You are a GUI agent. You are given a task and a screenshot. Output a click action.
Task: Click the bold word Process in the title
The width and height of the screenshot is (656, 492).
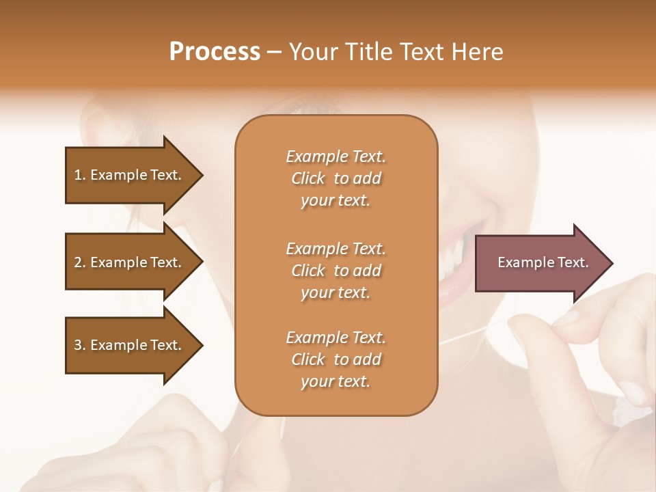click(215, 52)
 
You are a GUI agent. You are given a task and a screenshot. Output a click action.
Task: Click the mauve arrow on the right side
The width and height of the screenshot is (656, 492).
click(540, 263)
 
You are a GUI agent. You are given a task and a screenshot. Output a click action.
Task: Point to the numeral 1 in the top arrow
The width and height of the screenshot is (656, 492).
click(78, 175)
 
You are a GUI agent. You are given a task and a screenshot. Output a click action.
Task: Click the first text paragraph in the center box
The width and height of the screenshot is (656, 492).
click(336, 178)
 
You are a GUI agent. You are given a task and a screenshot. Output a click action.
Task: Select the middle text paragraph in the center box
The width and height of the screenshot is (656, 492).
click(336, 271)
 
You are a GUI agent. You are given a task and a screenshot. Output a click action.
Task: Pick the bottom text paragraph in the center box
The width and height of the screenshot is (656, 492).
click(336, 359)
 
